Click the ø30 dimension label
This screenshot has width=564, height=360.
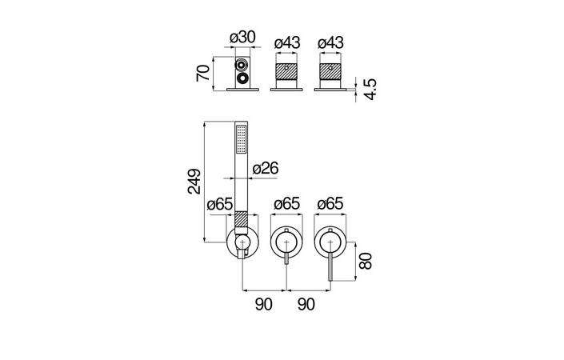click(242, 38)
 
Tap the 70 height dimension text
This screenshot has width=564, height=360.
click(203, 73)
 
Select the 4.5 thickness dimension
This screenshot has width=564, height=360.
click(370, 89)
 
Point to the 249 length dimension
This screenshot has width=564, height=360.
click(194, 182)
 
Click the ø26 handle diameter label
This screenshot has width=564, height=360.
click(266, 168)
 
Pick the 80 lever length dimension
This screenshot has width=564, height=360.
click(366, 261)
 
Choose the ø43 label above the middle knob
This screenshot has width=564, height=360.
click(287, 42)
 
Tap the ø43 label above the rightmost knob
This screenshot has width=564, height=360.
click(330, 42)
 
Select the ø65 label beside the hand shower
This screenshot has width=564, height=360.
click(220, 205)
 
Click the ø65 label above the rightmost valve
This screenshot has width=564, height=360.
click(330, 203)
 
